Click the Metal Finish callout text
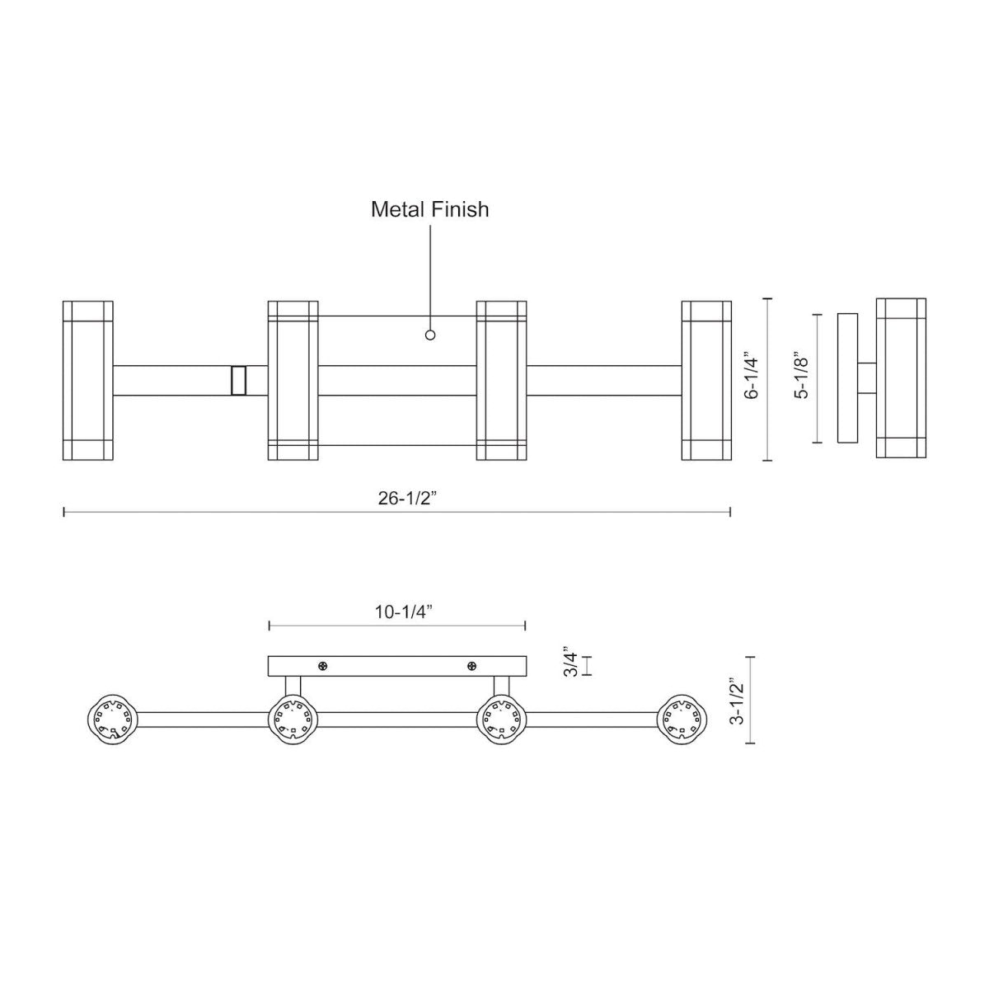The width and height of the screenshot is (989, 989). coord(429,209)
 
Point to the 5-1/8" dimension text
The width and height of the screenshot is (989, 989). coord(799,377)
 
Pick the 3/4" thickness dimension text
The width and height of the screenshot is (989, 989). coord(569,663)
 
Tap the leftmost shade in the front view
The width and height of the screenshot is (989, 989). coord(88,380)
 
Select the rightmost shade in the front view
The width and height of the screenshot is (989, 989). coord(706,380)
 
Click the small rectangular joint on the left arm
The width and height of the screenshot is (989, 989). coord(239,381)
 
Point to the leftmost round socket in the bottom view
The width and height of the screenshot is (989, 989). coord(110,718)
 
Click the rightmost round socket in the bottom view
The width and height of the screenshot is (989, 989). coord(683,718)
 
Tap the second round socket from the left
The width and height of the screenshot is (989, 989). coord(293,718)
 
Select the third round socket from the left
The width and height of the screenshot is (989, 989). coord(502,718)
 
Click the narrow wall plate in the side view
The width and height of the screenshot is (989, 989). coord(847,377)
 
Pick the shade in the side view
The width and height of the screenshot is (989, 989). coord(901,377)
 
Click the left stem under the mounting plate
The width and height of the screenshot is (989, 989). coord(293,686)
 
